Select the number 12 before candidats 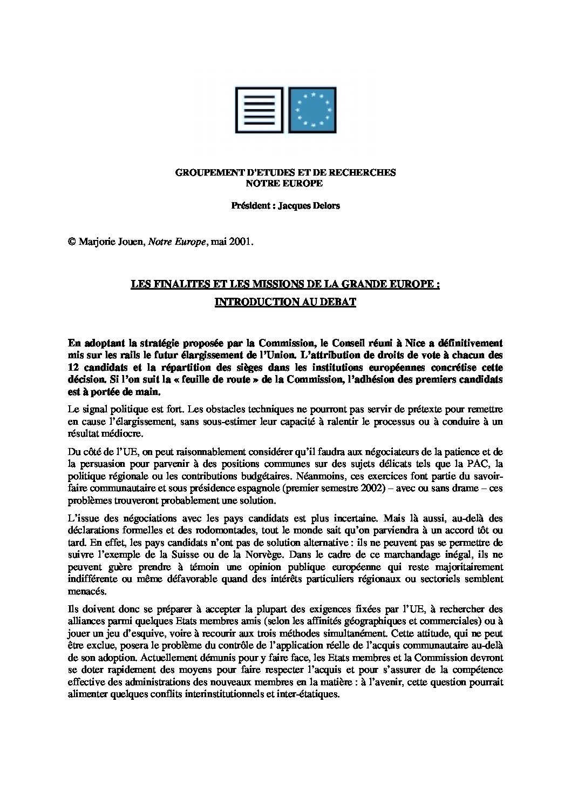tap(74, 368)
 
